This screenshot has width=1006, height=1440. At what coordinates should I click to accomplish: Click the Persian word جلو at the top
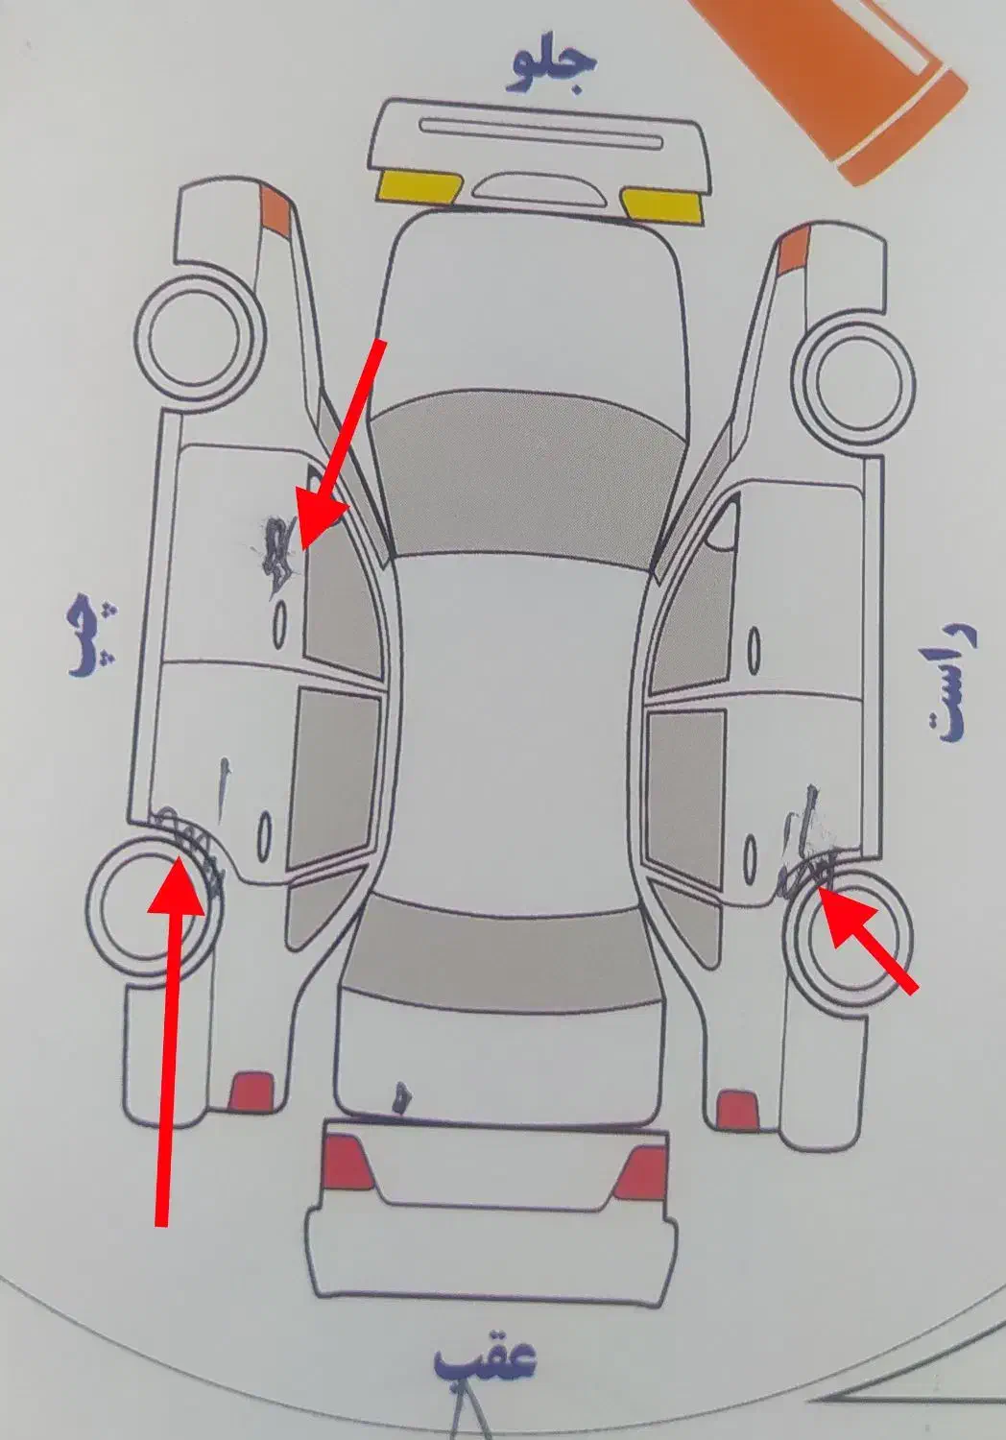[x=555, y=67]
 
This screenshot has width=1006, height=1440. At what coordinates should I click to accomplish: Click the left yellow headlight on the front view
[x=420, y=185]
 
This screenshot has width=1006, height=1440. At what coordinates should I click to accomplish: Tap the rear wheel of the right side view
[x=847, y=936]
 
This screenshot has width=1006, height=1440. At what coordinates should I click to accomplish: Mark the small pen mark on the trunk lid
[x=402, y=1098]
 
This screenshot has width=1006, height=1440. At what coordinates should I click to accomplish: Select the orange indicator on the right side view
[x=795, y=248]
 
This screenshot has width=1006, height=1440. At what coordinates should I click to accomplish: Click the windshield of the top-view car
[x=526, y=472]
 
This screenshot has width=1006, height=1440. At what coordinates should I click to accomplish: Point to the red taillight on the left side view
[x=251, y=1090]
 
